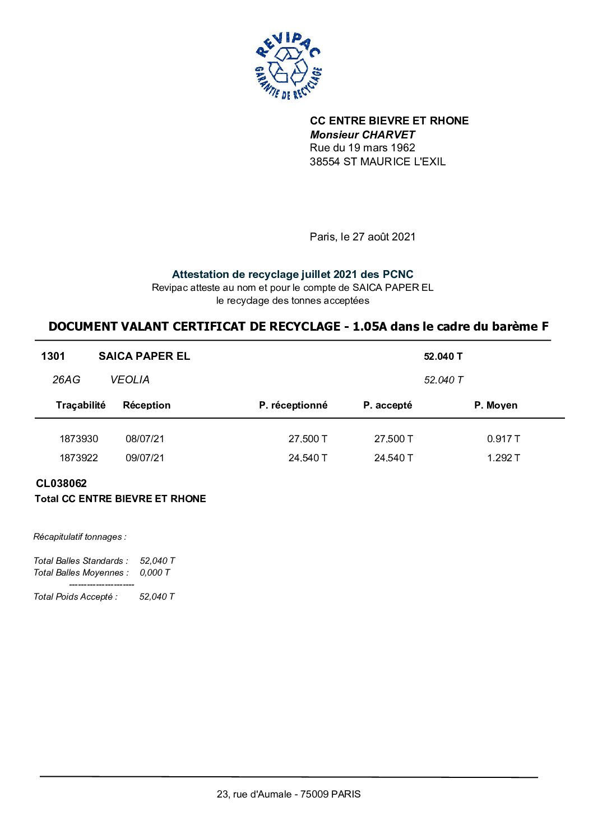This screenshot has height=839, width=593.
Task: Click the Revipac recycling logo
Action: (x=288, y=66)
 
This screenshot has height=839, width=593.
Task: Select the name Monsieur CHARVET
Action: (x=362, y=135)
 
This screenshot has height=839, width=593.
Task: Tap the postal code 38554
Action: (x=325, y=161)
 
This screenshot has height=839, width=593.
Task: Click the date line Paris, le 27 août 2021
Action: (x=363, y=237)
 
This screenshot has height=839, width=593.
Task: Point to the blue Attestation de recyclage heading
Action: (x=293, y=274)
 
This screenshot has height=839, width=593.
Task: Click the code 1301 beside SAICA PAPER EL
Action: (x=53, y=356)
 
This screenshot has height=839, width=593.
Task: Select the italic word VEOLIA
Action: (x=129, y=379)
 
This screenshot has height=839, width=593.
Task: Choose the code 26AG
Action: (x=66, y=379)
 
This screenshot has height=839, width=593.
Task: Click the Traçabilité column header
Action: (x=81, y=405)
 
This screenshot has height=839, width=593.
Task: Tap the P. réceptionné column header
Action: (x=293, y=405)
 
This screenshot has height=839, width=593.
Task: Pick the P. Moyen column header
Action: (x=495, y=405)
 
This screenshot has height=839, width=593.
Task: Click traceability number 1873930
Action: (x=78, y=439)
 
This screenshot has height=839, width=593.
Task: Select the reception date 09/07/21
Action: (x=145, y=458)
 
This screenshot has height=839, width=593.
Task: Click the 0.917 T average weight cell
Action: (x=503, y=439)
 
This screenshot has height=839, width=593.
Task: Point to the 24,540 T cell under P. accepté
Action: (x=393, y=458)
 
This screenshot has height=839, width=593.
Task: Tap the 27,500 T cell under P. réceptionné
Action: (x=308, y=439)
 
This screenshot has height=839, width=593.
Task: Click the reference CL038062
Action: (x=62, y=483)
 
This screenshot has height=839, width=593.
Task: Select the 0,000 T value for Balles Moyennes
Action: (x=155, y=572)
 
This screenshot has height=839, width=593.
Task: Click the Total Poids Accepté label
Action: (x=76, y=596)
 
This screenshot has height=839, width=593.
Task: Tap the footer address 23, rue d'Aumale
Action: (x=289, y=794)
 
